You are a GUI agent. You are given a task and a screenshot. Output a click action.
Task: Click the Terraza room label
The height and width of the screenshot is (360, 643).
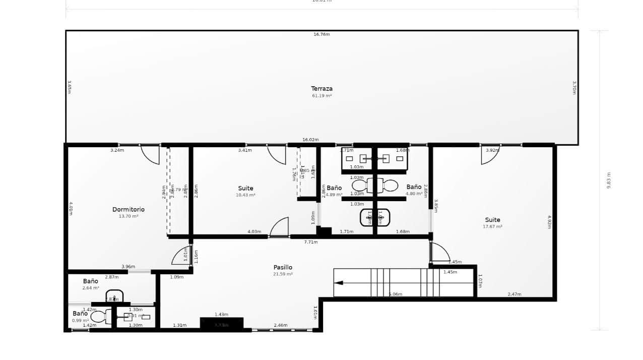point(321,89)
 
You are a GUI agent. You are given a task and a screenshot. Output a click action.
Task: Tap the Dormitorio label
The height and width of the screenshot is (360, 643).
point(128,209)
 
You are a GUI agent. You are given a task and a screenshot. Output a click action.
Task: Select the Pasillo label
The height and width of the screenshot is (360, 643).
point(283,267)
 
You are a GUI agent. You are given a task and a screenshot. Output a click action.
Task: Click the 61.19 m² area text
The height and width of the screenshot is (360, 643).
point(321,96)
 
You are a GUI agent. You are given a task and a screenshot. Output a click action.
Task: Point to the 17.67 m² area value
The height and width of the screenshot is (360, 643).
point(492,227)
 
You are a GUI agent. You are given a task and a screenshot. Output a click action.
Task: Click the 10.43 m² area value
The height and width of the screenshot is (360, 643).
point(245,195)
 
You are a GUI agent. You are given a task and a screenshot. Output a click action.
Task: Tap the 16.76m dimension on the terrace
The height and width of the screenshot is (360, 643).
point(321,34)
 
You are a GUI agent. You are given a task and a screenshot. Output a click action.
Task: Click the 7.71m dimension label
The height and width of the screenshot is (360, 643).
point(311,242)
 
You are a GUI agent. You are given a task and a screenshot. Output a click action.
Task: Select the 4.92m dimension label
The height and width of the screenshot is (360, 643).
point(549,222)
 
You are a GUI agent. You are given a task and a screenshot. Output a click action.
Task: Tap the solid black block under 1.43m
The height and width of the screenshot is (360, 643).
point(222,324)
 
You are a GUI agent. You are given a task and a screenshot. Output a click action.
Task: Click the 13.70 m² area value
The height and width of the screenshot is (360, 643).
point(128,216)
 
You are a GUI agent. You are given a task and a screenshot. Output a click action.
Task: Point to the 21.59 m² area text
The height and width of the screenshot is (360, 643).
point(283,274)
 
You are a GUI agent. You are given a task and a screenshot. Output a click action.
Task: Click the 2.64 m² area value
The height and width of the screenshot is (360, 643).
point(91,288)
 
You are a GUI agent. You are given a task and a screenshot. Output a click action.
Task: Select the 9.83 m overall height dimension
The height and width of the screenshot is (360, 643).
point(609,180)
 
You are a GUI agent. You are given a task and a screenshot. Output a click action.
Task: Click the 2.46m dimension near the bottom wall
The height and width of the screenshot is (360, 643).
point(281,325)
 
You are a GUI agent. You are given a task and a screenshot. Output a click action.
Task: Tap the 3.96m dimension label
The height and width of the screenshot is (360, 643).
point(128,267)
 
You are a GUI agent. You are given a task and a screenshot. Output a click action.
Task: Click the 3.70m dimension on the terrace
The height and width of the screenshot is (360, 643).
point(574,88)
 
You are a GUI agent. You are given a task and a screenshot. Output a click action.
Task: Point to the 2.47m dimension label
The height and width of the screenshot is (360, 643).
point(515,294)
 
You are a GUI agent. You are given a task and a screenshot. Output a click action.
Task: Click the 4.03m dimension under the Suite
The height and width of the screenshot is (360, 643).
point(254,232)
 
